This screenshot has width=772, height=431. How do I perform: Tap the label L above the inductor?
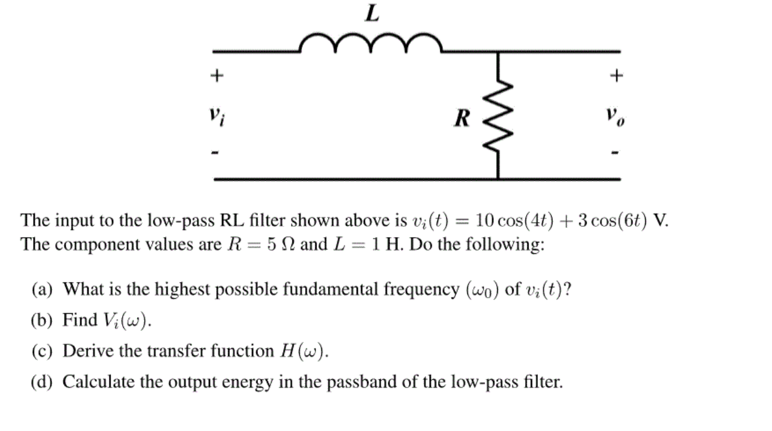pos(372,13)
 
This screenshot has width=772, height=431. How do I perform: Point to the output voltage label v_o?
pos(615,115)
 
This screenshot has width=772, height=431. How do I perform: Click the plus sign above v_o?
pos(616,76)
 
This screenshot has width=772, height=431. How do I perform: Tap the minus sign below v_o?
pos(616,154)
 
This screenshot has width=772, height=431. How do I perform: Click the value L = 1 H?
pos(358,245)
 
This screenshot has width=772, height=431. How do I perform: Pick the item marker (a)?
pos(42,290)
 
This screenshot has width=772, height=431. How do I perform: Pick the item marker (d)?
pos(42,382)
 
